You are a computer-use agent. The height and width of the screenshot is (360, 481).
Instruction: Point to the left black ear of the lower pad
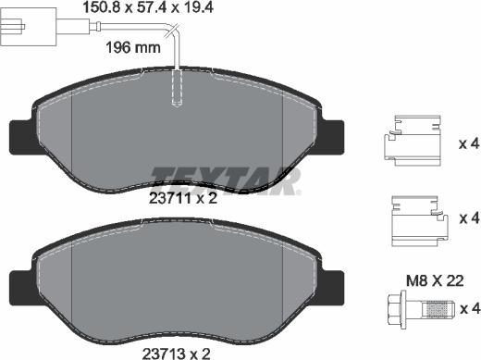[x=20, y=285]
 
